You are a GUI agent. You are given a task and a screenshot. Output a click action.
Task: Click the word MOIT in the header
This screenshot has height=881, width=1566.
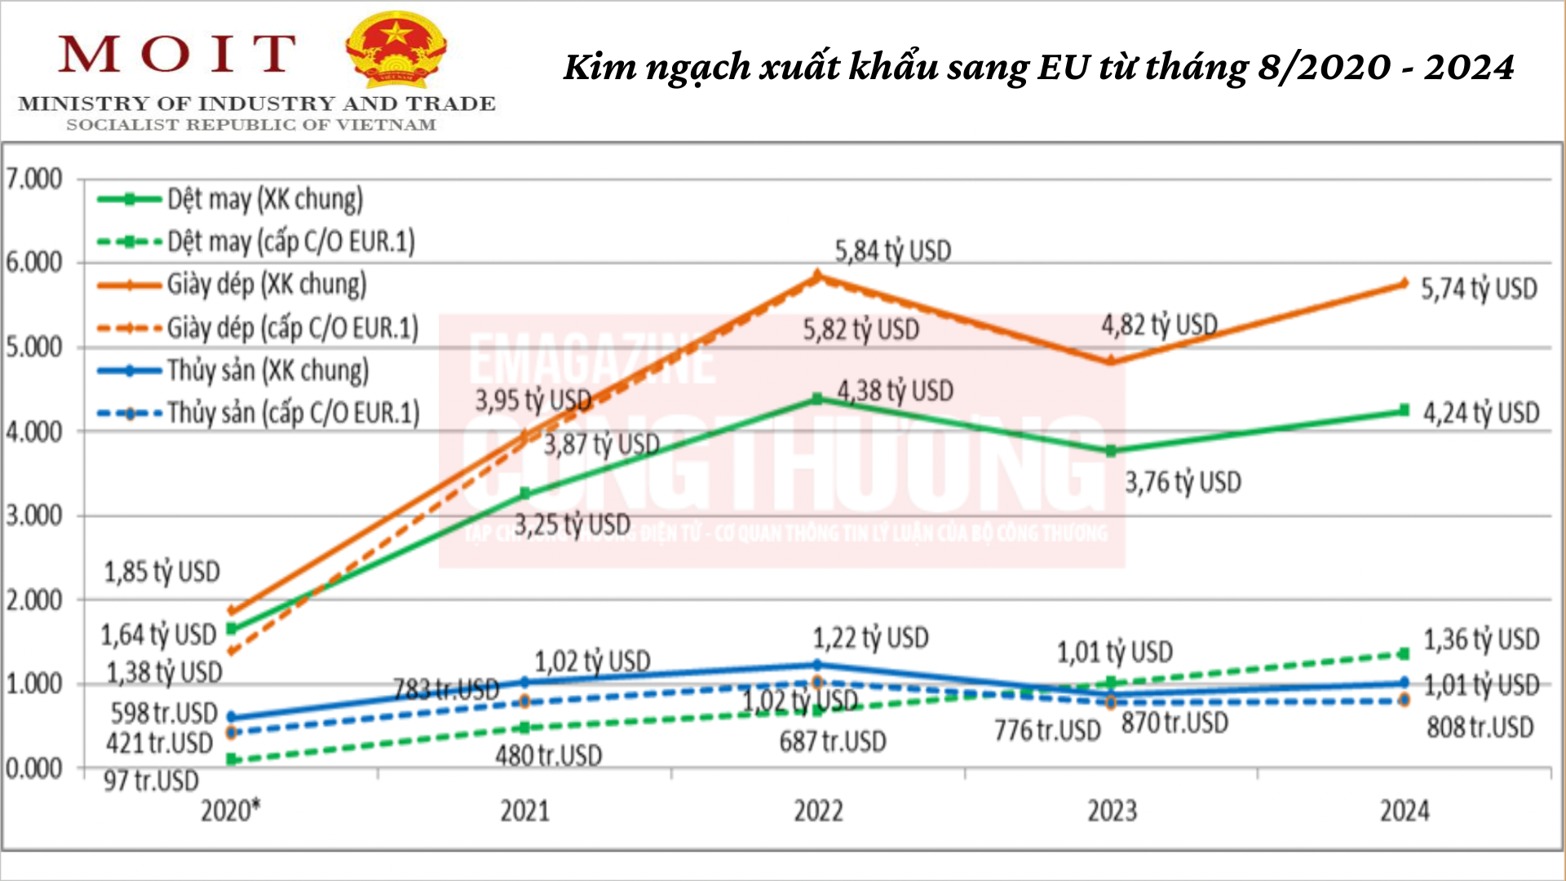coord(176,54)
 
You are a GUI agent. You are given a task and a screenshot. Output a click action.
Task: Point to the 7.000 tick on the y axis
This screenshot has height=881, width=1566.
coord(33,179)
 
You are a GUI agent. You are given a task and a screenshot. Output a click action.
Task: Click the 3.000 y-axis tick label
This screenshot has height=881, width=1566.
coord(33,516)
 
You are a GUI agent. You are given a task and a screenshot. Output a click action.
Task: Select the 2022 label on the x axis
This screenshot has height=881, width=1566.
coord(818,811)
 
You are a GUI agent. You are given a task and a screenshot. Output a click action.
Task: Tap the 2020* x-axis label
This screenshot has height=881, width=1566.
coord(231,811)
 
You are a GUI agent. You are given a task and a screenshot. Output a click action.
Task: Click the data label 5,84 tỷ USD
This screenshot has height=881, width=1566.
coord(892,251)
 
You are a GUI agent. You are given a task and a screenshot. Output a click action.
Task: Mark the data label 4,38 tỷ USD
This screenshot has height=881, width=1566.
coord(895,391)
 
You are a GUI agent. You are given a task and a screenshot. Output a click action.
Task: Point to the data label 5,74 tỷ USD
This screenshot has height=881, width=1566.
coord(1479,289)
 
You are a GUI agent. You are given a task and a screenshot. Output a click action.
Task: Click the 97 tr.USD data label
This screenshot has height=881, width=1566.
coord(151,781)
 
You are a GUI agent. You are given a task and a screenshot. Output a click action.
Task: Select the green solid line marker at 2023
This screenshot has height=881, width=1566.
coord(1111,451)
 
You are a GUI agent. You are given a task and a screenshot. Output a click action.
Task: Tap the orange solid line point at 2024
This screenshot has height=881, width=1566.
coord(1404,283)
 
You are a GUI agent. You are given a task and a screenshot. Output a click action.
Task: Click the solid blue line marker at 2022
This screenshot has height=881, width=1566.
coord(817,665)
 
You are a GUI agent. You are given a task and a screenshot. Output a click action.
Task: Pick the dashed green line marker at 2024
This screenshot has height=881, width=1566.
coord(1404,653)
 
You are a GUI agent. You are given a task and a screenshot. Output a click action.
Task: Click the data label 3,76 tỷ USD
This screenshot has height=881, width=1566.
coord(1183,482)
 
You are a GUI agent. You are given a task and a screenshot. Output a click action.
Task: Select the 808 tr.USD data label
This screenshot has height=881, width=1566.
coord(1480,727)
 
